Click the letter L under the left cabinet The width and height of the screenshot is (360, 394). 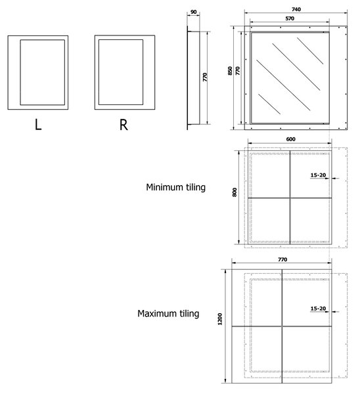point(38,124)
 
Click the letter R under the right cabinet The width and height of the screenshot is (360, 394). point(124,125)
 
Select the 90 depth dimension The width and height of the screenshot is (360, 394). point(194,12)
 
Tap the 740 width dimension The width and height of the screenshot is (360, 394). point(296,9)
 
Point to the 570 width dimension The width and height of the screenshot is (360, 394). point(290,18)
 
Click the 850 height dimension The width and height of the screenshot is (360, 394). point(230,71)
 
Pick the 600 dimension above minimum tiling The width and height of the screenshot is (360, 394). point(290,139)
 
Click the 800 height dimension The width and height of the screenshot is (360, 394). point(235,192)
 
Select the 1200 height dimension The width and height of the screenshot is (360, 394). point(220,319)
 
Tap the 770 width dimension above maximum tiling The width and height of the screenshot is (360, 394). point(282,259)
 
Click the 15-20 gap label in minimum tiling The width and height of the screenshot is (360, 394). point(318,175)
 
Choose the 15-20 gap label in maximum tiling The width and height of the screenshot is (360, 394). point(318,309)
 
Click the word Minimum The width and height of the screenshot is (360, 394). point(165,187)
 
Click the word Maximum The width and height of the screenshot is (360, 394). point(157,313)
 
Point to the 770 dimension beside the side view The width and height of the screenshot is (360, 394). point(205,77)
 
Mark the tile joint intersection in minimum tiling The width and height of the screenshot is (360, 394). point(290,198)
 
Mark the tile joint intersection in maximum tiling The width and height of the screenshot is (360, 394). point(282,326)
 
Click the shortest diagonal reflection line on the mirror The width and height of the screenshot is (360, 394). point(269,104)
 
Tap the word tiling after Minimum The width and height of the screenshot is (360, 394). point(196,187)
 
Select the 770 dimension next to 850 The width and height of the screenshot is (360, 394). point(238,71)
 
